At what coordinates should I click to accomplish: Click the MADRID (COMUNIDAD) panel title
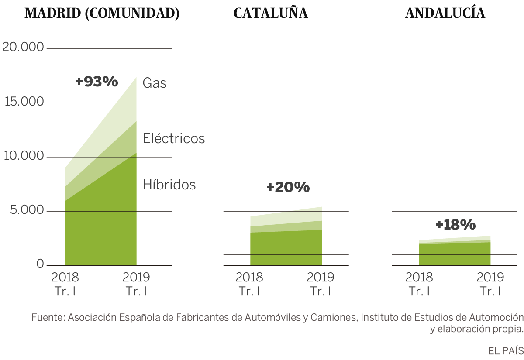pyautogui.click(x=102, y=14)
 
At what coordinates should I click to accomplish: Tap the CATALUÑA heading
pyautogui.click(x=271, y=14)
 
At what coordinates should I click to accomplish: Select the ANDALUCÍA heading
pyautogui.click(x=445, y=14)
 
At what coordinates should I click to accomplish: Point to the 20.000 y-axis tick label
pyautogui.click(x=23, y=47)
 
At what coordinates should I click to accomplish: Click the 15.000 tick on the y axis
pyautogui.click(x=23, y=102)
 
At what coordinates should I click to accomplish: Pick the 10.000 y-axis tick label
pyautogui.click(x=23, y=156)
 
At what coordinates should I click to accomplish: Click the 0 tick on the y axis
pyautogui.click(x=40, y=264)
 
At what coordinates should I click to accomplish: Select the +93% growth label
pyautogui.click(x=97, y=82)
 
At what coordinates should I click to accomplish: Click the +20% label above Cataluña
pyautogui.click(x=288, y=187)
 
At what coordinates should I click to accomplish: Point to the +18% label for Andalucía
pyautogui.click(x=455, y=225)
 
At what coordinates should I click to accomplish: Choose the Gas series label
pyautogui.click(x=155, y=83)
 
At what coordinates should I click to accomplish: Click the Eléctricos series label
pyautogui.click(x=174, y=138)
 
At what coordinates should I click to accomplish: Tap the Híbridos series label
pyautogui.click(x=169, y=185)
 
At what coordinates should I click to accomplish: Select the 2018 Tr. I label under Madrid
pyautogui.click(x=65, y=284)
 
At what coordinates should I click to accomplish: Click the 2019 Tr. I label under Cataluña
pyautogui.click(x=321, y=284)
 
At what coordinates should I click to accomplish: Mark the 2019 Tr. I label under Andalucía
pyautogui.click(x=490, y=284)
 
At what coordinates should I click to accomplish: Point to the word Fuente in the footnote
pyautogui.click(x=47, y=318)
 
